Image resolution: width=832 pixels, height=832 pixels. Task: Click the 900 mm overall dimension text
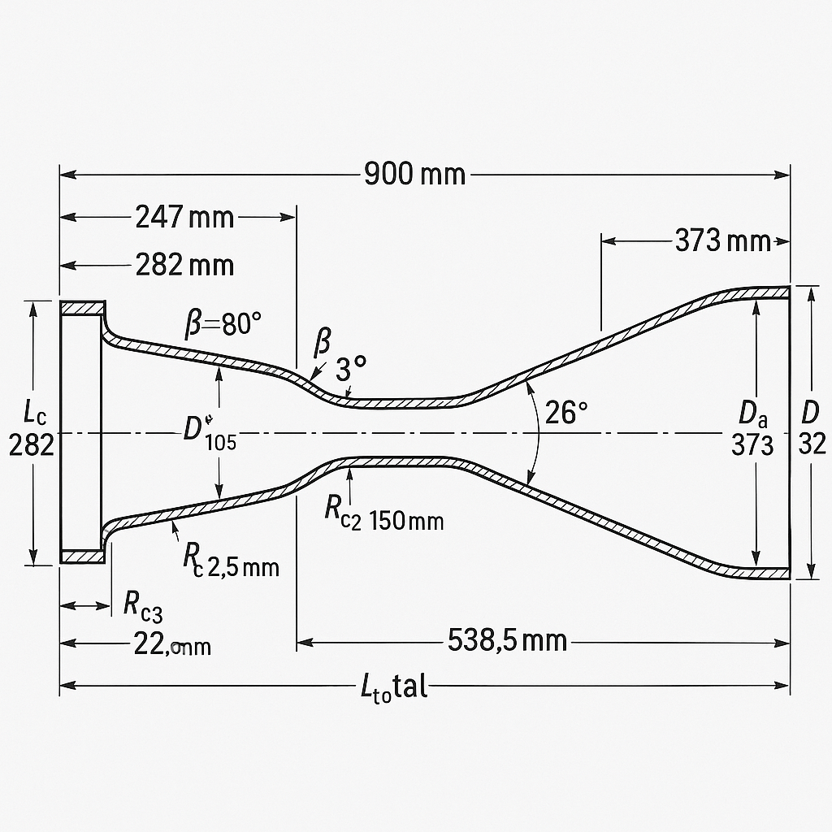coord(414,174)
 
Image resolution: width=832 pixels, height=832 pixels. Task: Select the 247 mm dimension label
coord(184,218)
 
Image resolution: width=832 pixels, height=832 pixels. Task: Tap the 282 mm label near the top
coord(184,265)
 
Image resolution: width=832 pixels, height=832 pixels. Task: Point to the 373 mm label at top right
coord(721,240)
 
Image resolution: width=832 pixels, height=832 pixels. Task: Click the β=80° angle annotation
coord(223,326)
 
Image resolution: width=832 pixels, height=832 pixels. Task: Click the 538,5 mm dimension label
coord(507,641)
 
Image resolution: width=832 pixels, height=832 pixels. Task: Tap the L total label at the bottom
coord(393,687)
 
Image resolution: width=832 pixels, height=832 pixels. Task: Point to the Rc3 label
coord(143,604)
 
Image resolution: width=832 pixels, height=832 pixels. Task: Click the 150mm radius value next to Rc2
coord(406,521)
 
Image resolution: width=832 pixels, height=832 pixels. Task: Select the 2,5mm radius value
coord(244,566)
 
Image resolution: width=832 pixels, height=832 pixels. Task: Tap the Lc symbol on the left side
coord(34,414)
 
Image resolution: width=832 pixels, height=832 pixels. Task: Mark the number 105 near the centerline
coord(220,443)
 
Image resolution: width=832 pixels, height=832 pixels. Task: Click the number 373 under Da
coord(752,444)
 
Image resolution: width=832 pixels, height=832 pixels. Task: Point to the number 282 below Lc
coord(31,444)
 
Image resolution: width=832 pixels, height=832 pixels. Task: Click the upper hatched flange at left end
coord(84,308)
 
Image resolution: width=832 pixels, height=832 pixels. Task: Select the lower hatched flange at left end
coord(84,557)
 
